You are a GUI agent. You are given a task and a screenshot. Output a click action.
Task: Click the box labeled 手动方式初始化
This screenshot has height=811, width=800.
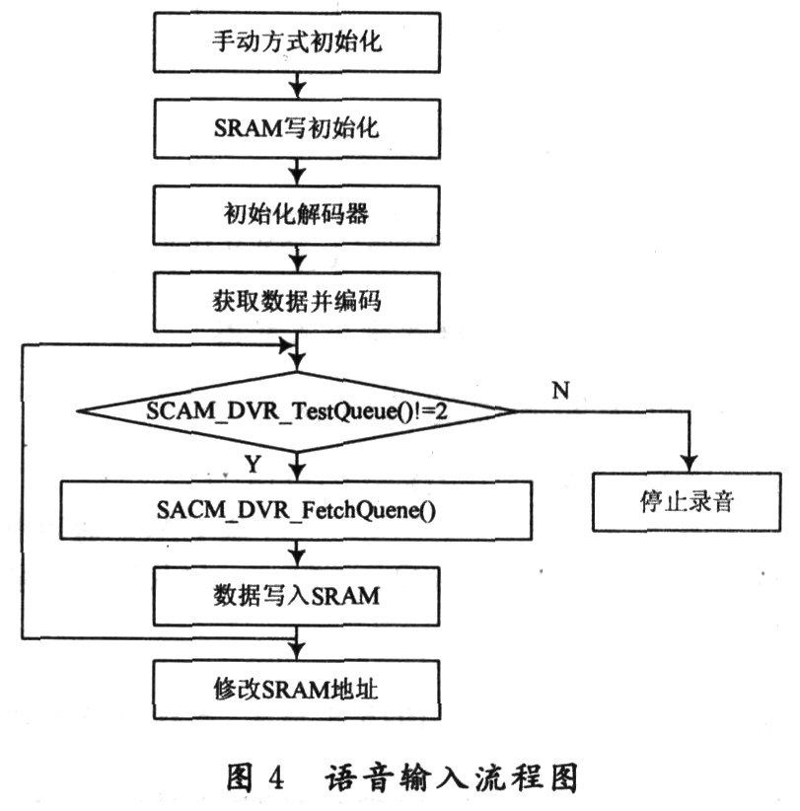296,44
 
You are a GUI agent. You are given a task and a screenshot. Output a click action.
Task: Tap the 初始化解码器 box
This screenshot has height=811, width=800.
296,216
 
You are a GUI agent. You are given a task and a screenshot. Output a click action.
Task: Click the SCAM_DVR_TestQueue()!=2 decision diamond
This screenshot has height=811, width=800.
296,410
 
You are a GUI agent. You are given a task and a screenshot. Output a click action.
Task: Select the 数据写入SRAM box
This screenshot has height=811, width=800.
296,595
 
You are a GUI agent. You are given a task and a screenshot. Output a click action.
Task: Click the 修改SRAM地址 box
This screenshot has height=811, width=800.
296,684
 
